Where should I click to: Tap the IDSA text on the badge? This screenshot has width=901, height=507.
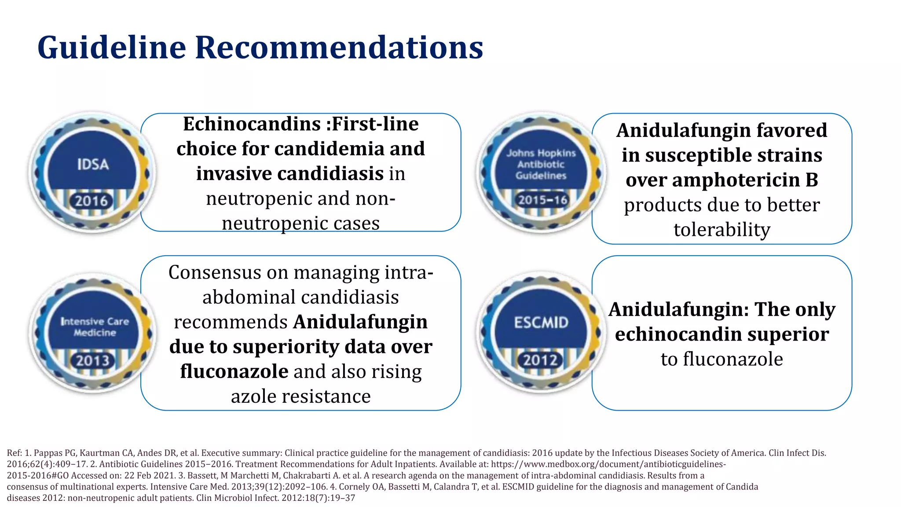93,165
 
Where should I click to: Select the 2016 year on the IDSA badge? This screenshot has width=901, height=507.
91,202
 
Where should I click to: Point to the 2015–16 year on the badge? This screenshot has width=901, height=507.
542,200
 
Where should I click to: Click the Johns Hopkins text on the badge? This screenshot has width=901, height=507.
541,153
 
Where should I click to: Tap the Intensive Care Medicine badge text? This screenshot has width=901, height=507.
95,327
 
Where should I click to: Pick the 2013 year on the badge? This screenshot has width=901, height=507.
92,361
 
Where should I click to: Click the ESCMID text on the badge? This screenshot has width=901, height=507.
541,323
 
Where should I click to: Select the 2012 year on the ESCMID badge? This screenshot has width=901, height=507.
540,360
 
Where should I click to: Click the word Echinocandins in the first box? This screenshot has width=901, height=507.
252,124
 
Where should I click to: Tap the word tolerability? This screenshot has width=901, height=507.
722,230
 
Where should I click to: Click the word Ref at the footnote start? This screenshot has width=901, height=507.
14,453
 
